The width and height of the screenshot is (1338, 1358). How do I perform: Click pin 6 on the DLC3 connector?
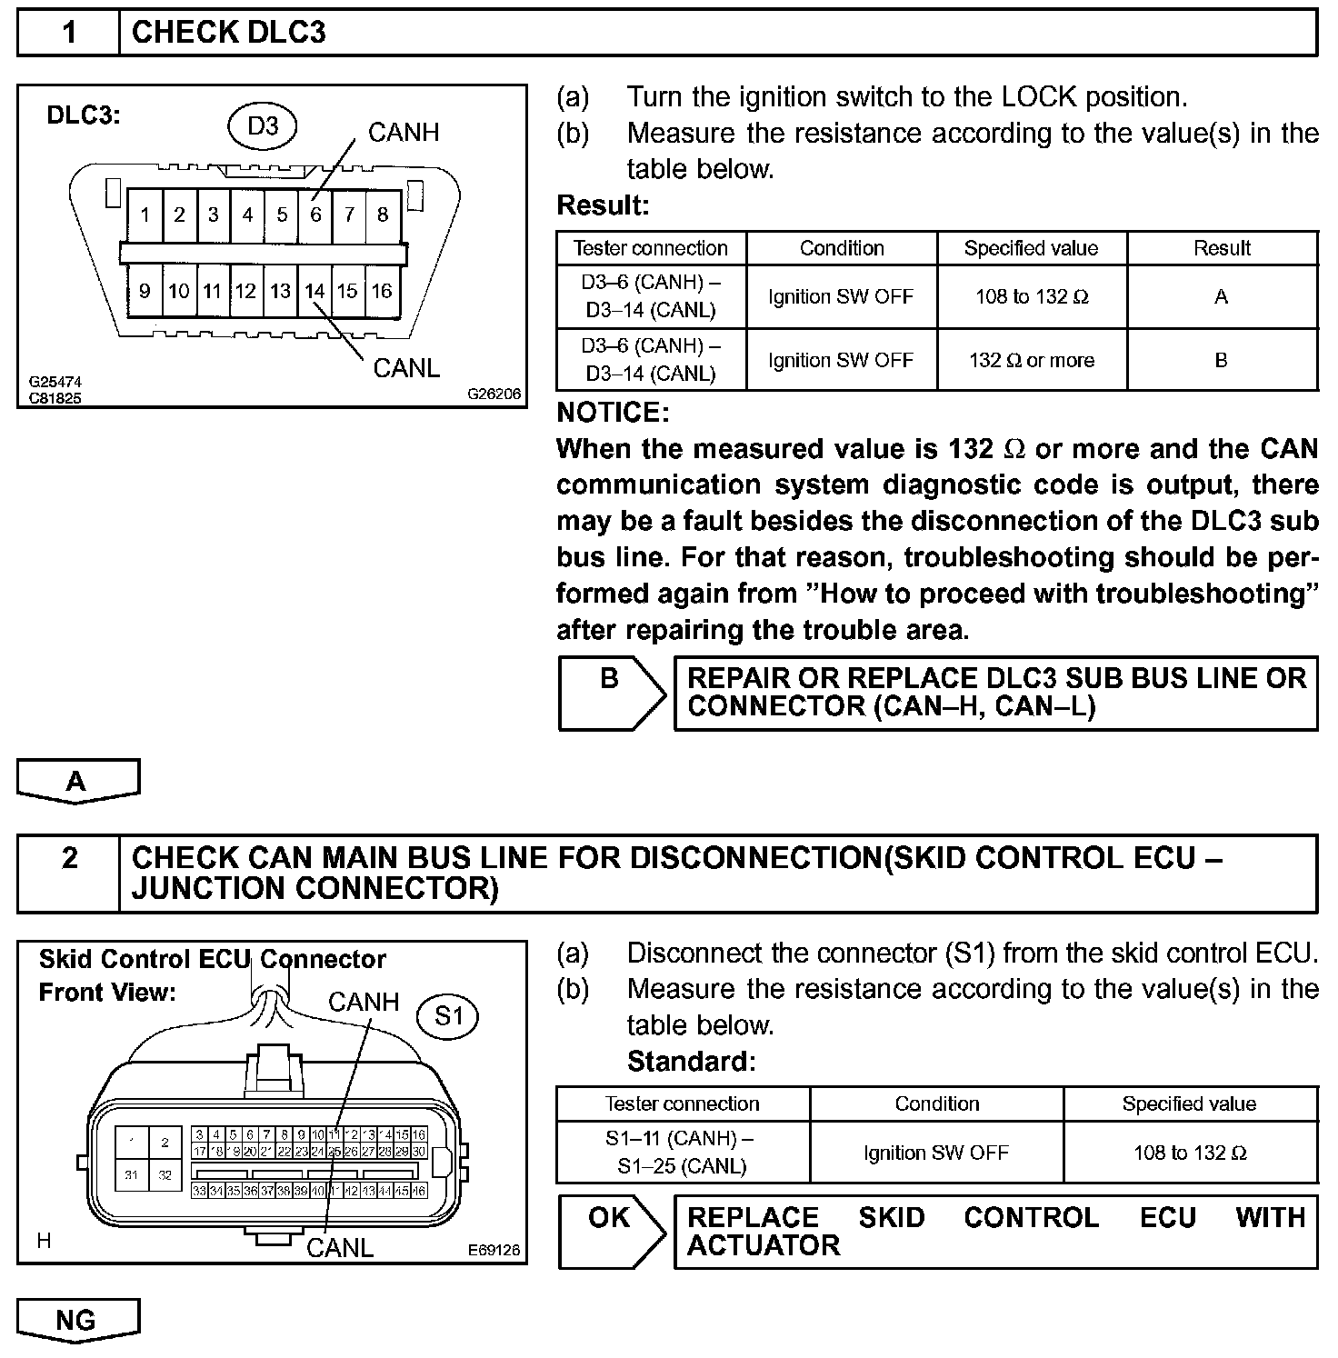(315, 215)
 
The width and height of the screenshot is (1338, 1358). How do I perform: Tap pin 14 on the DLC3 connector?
(315, 291)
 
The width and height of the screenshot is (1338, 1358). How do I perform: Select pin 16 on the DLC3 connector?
(382, 291)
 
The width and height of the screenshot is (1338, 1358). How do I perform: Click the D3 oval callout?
(263, 125)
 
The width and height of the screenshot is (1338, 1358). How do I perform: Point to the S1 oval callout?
(449, 1015)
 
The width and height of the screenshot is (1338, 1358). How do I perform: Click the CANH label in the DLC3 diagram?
(404, 133)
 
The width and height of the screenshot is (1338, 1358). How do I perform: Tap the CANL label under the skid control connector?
(340, 1248)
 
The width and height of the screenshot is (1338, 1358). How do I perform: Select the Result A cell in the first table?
(1222, 297)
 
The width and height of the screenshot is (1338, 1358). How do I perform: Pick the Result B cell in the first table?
(1222, 360)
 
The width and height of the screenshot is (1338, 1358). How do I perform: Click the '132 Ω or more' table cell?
(1032, 360)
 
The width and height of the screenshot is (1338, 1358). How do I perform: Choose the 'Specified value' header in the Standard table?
(1189, 1103)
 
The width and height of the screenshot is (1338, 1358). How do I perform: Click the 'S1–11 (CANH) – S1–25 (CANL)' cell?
(682, 1152)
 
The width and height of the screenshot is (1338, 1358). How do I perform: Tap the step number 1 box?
(69, 33)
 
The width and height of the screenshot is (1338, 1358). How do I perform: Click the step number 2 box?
(69, 859)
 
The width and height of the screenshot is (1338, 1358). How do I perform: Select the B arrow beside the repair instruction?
(611, 693)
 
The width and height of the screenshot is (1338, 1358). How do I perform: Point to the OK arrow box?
(611, 1231)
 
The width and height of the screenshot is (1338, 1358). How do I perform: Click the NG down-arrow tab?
(77, 1320)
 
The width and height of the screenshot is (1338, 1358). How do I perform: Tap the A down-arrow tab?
(77, 781)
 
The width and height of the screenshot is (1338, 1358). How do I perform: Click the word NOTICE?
(613, 413)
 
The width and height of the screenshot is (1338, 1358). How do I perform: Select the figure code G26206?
(494, 394)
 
